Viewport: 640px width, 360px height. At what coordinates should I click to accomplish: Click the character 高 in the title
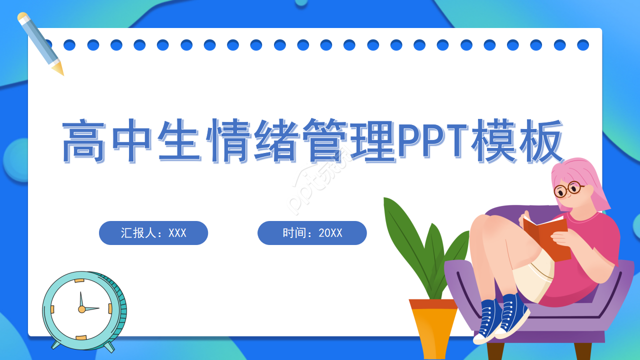(x=84, y=141)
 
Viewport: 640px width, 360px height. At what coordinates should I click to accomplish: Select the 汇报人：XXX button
(x=153, y=233)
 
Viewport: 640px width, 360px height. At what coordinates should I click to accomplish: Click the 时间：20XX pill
(x=312, y=233)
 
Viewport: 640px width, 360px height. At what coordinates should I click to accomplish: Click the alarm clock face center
(x=81, y=309)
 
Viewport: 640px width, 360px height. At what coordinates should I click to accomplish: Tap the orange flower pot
(x=433, y=327)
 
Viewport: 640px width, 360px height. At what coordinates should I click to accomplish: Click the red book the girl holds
(x=547, y=237)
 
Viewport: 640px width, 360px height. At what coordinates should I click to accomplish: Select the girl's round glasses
(x=568, y=189)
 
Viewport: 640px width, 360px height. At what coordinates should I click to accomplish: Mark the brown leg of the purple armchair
(x=582, y=351)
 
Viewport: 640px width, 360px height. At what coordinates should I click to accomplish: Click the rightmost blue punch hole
(x=583, y=45)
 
